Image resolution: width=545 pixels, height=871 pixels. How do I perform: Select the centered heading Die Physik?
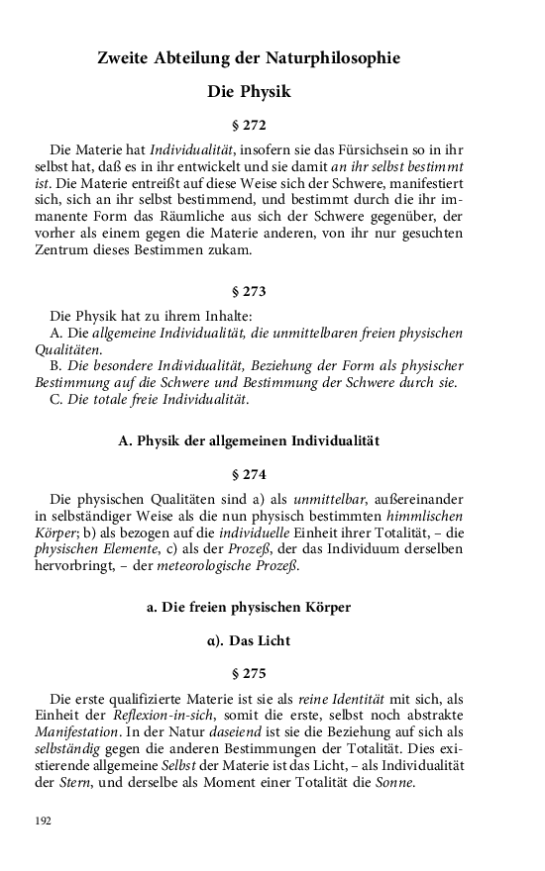click(x=249, y=92)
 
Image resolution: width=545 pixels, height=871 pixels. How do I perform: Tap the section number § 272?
click(x=249, y=126)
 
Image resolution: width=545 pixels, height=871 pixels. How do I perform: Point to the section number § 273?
click(x=249, y=293)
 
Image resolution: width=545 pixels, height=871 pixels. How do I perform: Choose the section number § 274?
click(x=249, y=473)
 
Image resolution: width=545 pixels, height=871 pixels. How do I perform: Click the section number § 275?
click(x=249, y=673)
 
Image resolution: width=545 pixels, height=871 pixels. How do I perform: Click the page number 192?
click(x=43, y=822)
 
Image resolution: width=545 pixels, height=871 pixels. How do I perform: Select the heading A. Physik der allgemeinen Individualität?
click(x=249, y=439)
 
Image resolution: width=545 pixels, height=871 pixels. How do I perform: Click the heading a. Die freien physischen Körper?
click(x=249, y=607)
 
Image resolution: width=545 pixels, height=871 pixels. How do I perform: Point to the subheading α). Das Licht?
click(x=249, y=640)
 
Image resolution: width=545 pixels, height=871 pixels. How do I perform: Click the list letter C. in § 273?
click(x=55, y=400)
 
